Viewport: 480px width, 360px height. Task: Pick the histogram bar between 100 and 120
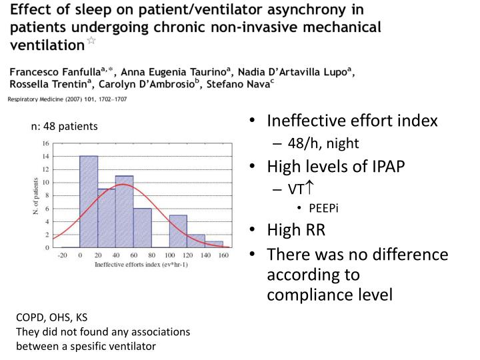[x=177, y=231]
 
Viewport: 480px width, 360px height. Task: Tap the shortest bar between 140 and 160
[x=213, y=244]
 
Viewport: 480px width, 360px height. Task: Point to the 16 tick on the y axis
[x=45, y=143]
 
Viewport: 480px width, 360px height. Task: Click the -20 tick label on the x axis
[x=62, y=255]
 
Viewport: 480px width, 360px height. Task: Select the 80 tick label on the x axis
[x=151, y=255]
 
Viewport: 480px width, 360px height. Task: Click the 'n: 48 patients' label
[x=64, y=126]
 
